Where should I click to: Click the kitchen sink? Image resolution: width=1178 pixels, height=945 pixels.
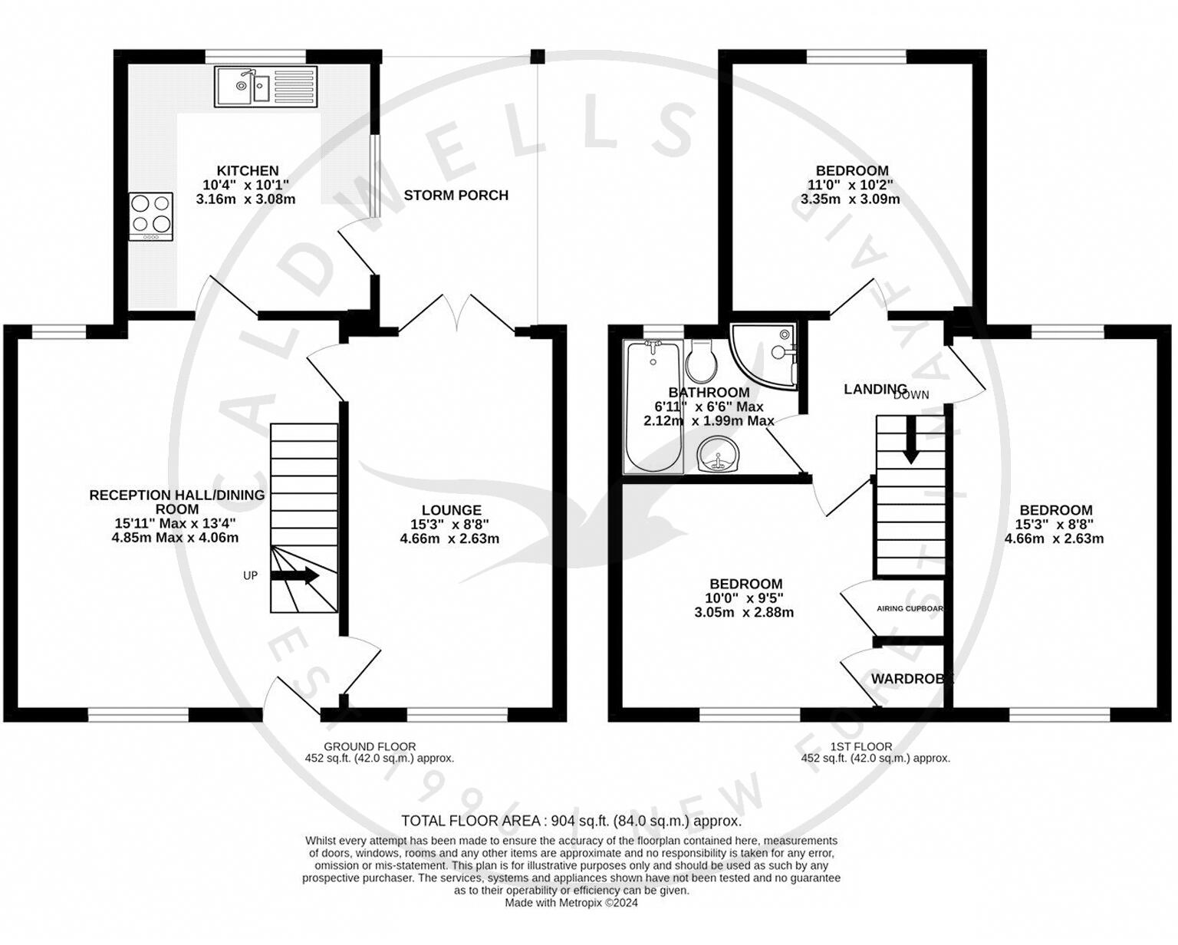265,86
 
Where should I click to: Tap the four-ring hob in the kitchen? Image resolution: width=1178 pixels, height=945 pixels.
150,216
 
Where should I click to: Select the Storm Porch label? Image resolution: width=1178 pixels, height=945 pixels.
456,196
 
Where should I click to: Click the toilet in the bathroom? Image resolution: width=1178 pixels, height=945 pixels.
700,361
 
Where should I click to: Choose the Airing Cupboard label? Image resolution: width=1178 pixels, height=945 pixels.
910,608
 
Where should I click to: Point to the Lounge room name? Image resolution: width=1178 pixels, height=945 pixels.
451,510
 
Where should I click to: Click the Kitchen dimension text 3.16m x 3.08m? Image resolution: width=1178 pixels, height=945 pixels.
245,199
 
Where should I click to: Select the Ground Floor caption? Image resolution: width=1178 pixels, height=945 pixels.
370,746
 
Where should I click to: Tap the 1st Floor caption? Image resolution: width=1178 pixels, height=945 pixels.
860,746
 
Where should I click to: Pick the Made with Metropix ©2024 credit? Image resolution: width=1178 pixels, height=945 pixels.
571,903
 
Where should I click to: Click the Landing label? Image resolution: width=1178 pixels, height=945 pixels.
875,389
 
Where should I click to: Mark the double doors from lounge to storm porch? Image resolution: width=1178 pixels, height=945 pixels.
457,314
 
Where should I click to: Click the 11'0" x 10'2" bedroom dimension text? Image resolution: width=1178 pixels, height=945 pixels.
851,185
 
